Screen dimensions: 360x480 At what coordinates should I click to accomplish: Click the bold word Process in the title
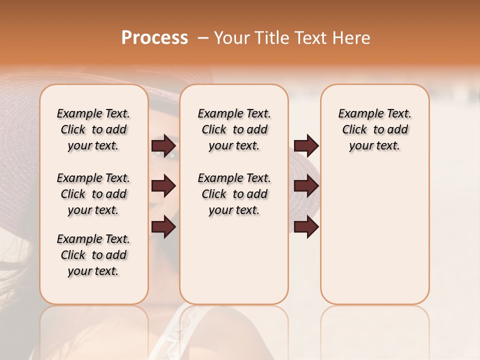(x=154, y=38)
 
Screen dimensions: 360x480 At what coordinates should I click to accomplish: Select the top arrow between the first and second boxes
(x=163, y=145)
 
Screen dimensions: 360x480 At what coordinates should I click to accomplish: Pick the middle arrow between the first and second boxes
(x=163, y=186)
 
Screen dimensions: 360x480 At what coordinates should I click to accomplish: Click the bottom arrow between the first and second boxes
(x=163, y=227)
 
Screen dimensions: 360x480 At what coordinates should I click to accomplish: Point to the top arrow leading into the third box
(x=306, y=145)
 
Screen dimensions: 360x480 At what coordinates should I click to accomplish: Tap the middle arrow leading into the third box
(x=306, y=186)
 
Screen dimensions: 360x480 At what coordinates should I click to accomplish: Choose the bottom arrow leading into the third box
(x=306, y=227)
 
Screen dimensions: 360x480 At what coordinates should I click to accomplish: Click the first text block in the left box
(x=93, y=129)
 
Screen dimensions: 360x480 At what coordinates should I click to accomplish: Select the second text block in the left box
(x=93, y=194)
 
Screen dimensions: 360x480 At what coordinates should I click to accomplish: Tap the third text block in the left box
(x=93, y=255)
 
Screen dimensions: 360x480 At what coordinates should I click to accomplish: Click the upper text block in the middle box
(x=234, y=129)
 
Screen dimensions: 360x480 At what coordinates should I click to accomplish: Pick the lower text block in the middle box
(x=234, y=194)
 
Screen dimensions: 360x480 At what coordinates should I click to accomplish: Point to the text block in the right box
(x=374, y=129)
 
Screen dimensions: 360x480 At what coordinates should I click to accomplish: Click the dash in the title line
(x=202, y=38)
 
